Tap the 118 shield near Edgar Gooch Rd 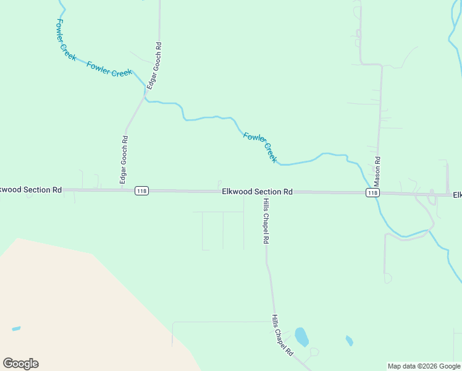click(x=142, y=191)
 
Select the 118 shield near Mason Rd click(x=372, y=193)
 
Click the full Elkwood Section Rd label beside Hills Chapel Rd click(x=257, y=192)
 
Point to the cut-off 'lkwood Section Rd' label click(x=31, y=190)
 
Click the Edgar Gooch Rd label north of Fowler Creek click(x=154, y=66)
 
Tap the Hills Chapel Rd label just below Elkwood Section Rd click(x=266, y=221)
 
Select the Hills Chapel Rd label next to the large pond click(x=282, y=335)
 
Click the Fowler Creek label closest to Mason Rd click(x=260, y=147)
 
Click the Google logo click(x=20, y=364)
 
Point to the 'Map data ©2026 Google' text click(x=424, y=366)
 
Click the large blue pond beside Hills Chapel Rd click(x=301, y=337)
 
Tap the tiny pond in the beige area click(x=15, y=328)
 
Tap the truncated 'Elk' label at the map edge click(x=457, y=195)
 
